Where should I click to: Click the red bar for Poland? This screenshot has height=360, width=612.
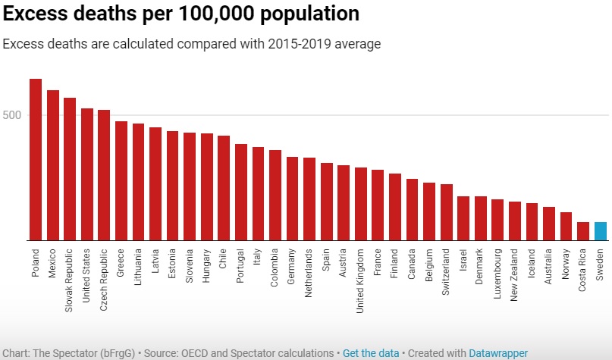[36, 159]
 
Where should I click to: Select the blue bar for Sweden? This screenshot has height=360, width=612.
[600, 231]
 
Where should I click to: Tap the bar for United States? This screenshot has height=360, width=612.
[87, 174]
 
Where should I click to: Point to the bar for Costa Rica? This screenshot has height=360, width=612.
[583, 231]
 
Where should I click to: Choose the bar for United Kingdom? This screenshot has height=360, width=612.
[360, 204]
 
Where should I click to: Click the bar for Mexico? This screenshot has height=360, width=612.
[53, 165]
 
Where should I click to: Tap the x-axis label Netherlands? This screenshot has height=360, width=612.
[309, 270]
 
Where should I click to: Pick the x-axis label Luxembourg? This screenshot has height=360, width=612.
[497, 270]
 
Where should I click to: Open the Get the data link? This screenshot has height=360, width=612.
[370, 353]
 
